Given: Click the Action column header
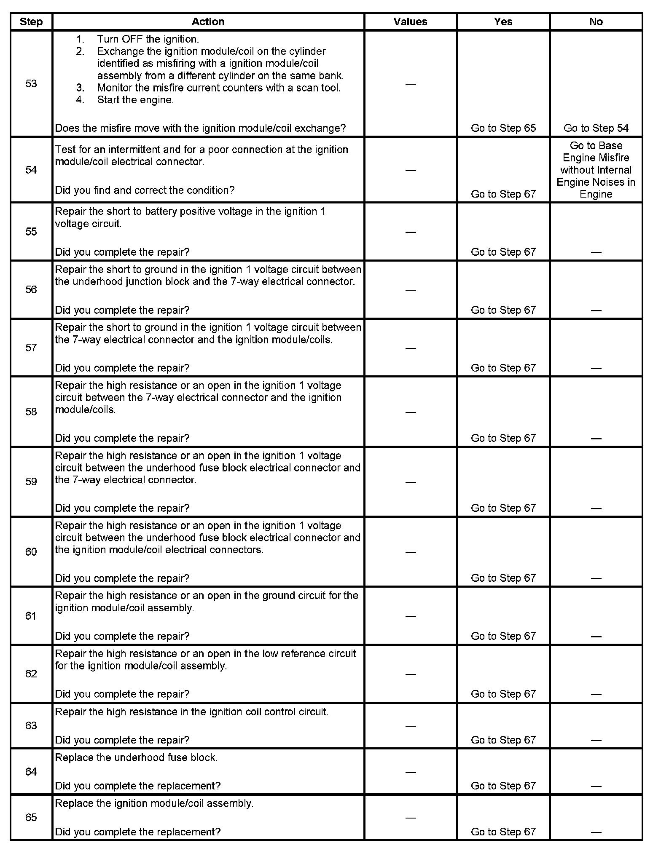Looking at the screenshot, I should (x=208, y=22).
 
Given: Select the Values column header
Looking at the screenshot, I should (x=410, y=22).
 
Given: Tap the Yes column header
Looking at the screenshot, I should (x=503, y=22).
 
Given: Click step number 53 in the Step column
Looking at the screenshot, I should (x=31, y=83).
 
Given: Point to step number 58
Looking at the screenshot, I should (x=31, y=412).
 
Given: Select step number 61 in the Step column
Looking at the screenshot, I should (x=31, y=616).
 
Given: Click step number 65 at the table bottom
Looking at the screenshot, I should (x=31, y=817).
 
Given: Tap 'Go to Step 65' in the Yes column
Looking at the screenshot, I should (x=503, y=128).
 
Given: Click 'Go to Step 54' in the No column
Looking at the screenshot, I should (x=596, y=128).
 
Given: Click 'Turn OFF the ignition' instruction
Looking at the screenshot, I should (x=148, y=39).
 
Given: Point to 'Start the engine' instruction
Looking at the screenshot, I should (x=135, y=100).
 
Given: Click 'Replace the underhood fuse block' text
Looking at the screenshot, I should (x=136, y=757).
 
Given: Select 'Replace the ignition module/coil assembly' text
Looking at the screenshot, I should (x=154, y=803).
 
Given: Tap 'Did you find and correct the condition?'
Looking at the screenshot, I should (x=145, y=190).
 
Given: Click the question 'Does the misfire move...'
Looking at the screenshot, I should (x=200, y=128).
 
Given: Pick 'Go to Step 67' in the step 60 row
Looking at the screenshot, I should (x=503, y=578).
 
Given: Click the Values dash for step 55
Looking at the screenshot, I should (x=410, y=232).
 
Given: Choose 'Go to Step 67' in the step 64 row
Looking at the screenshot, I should (x=503, y=786).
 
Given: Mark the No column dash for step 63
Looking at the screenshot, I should (x=596, y=740).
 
